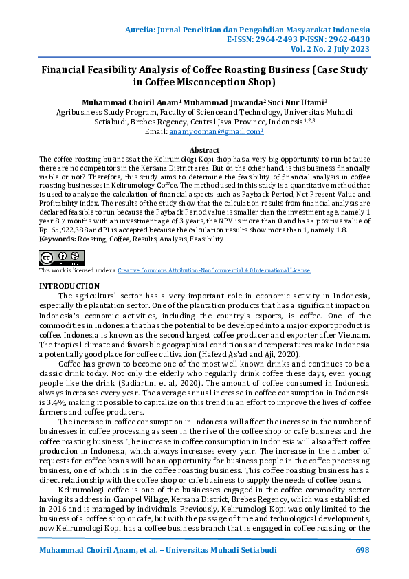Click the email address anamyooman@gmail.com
pos(206,131)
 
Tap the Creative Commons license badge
pos(61,258)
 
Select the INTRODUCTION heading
pos(69,285)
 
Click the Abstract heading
pos(204,150)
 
